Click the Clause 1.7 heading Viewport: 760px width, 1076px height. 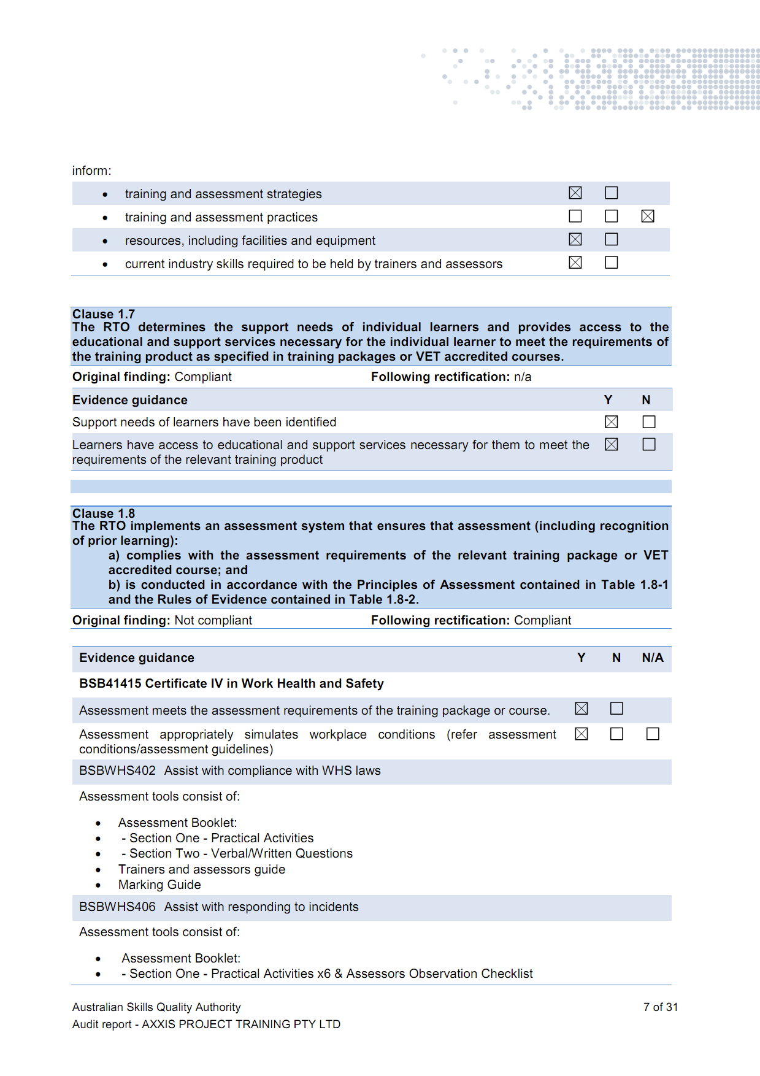[x=104, y=314]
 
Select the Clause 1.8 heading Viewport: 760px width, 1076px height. [x=104, y=513]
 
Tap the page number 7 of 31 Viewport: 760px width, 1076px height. [x=660, y=1007]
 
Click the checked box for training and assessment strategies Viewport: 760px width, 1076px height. [x=575, y=193]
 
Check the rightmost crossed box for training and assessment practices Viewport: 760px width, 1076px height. [x=648, y=216]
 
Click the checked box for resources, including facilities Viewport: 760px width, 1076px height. [x=575, y=239]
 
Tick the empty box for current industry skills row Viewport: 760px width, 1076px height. [x=612, y=263]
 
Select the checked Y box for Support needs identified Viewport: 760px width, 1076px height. [x=612, y=422]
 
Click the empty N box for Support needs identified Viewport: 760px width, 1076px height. [x=649, y=422]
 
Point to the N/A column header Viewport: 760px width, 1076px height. [x=653, y=658]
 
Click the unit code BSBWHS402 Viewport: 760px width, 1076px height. [x=117, y=770]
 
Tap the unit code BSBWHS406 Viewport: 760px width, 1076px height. [x=117, y=907]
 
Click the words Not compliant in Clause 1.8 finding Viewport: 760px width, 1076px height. [x=213, y=620]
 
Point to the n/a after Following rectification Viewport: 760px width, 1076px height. [x=523, y=377]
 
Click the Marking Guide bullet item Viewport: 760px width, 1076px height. [x=159, y=885]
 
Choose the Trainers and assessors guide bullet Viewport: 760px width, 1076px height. [x=202, y=869]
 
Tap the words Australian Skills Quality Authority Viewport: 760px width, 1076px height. [x=156, y=1007]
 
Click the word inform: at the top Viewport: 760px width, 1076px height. [x=92, y=171]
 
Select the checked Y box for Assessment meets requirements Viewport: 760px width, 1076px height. [x=582, y=709]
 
